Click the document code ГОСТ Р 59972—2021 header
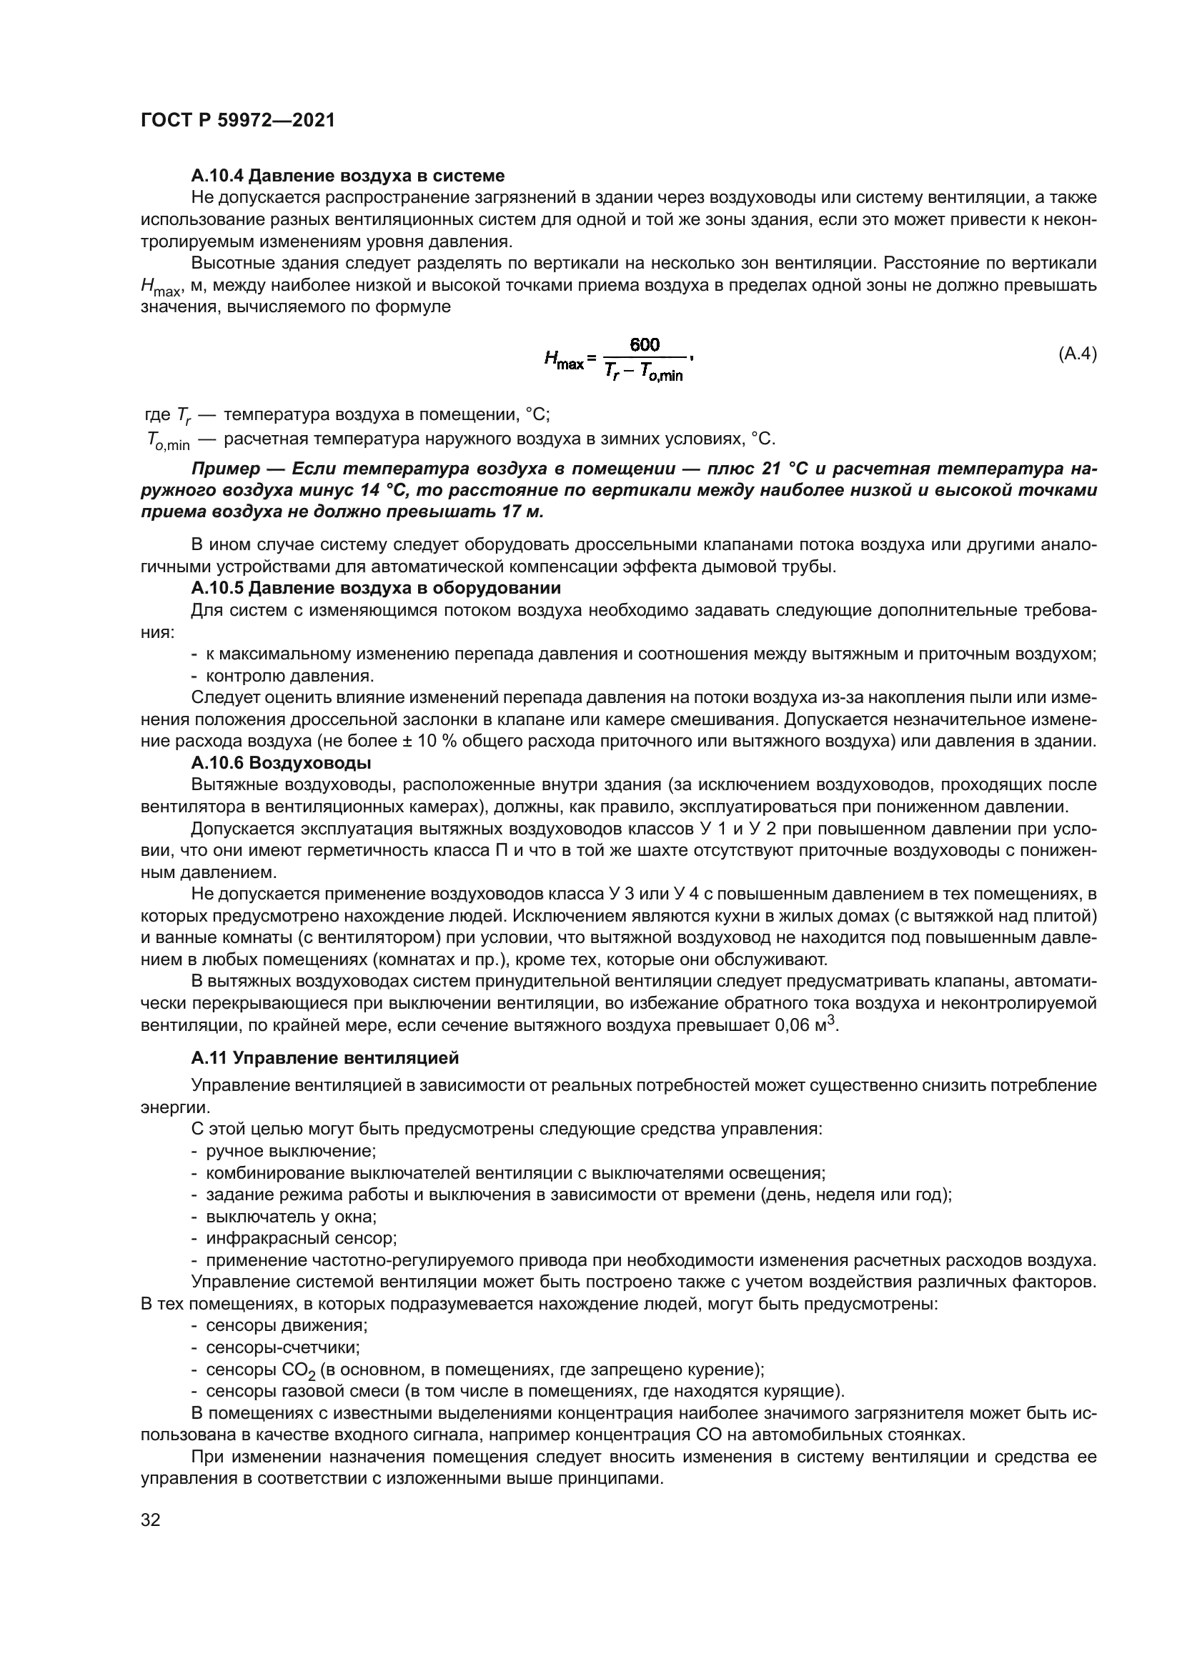coord(237,121)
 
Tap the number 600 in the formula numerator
coord(644,344)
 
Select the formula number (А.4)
coord(1076,355)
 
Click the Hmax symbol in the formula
coord(564,359)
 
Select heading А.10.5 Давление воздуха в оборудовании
coord(376,587)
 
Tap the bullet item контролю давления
coord(289,676)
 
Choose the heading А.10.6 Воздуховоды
coord(281,764)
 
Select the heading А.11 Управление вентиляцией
coord(324,1057)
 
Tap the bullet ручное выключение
coord(290,1152)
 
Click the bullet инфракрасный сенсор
coord(301,1238)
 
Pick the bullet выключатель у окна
coord(290,1216)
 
